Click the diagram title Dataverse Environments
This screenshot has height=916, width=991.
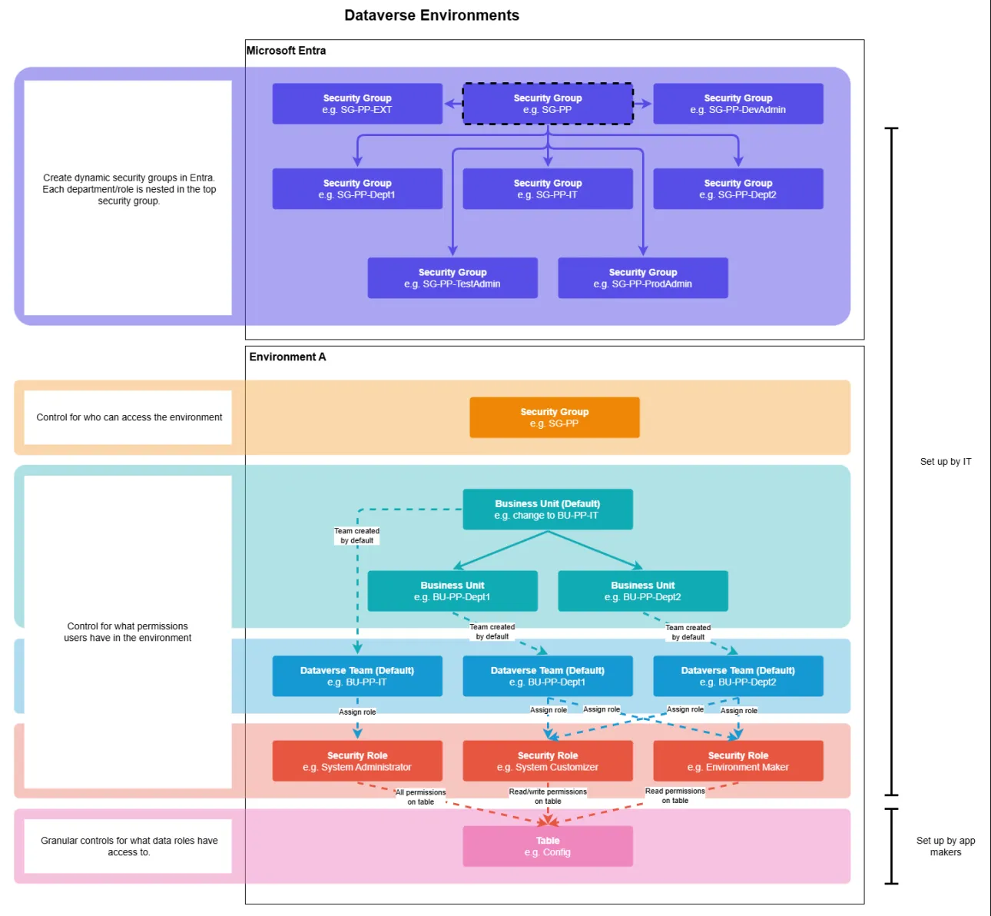[432, 15]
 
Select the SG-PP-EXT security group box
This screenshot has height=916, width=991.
[357, 104]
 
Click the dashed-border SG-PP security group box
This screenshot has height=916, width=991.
[548, 104]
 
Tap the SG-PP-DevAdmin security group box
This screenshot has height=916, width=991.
[737, 104]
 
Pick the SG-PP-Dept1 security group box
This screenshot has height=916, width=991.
[357, 189]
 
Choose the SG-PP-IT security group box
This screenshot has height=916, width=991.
[548, 189]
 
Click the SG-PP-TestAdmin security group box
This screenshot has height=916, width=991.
[452, 278]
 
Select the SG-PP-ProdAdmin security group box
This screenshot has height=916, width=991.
[643, 278]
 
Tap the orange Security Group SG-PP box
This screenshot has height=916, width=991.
[554, 417]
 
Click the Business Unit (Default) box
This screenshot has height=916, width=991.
[548, 509]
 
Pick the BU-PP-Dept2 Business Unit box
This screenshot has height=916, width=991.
[643, 591]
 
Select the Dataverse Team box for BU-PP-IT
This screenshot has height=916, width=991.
[357, 676]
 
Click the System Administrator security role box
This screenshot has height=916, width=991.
[357, 762]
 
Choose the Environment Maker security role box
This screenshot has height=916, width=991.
[737, 762]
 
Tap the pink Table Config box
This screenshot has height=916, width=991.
[548, 846]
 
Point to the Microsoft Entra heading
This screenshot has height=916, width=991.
[286, 51]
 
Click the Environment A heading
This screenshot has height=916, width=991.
[287, 357]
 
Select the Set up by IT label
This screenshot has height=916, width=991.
[946, 462]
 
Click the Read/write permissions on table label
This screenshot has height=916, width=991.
[548, 796]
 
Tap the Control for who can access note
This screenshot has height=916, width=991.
[129, 417]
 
